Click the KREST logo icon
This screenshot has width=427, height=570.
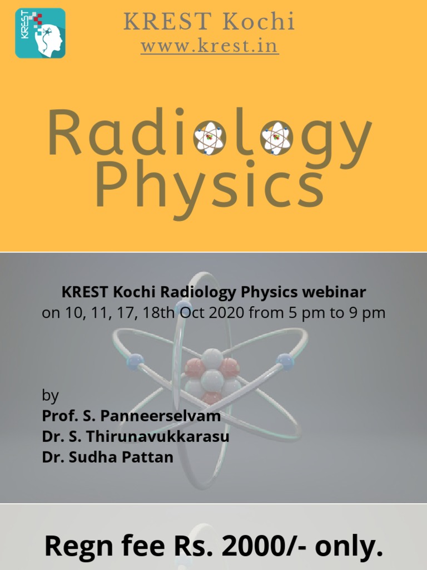[40, 33]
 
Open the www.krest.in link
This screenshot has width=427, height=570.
[210, 46]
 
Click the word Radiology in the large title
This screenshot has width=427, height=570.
[210, 134]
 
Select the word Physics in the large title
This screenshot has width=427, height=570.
[210, 184]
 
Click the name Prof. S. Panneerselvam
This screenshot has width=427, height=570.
[131, 416]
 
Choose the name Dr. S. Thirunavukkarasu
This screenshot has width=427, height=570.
[136, 436]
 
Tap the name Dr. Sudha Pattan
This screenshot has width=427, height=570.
[108, 457]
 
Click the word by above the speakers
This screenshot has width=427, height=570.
[50, 396]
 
